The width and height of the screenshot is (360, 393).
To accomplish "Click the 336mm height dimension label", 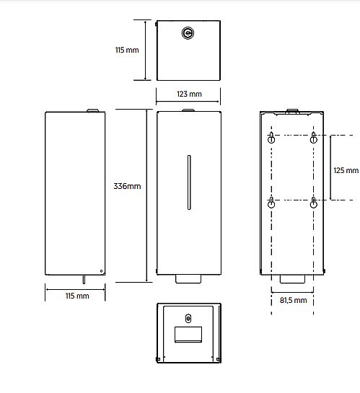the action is pyautogui.click(x=127, y=186).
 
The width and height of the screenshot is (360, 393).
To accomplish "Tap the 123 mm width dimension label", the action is pyautogui.click(x=189, y=94).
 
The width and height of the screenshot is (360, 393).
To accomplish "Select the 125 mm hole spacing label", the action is pyautogui.click(x=346, y=170).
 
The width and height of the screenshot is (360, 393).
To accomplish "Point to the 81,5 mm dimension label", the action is pyautogui.click(x=293, y=300).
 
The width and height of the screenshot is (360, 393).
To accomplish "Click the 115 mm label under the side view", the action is pyautogui.click(x=77, y=296).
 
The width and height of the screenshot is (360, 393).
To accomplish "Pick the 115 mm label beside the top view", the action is pyautogui.click(x=127, y=50).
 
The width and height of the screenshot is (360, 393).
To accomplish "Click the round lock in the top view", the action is pyautogui.click(x=188, y=33).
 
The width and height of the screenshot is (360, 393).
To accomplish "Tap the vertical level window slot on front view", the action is pyautogui.click(x=189, y=182).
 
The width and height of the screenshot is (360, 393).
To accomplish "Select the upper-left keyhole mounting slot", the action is pyautogui.click(x=271, y=137).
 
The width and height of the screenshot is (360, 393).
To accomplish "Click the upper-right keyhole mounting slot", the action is pyautogui.click(x=314, y=137).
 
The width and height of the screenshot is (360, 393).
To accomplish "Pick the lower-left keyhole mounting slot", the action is pyautogui.click(x=271, y=202).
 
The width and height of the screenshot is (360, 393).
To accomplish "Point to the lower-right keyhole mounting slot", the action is pyautogui.click(x=314, y=202).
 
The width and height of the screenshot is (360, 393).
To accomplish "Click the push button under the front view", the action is pyautogui.click(x=188, y=279).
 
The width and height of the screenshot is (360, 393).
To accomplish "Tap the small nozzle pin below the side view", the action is pyautogui.click(x=84, y=280).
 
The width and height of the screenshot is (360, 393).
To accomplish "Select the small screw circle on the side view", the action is pyautogui.click(x=101, y=271).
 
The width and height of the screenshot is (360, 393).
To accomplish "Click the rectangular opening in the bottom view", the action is pyautogui.click(x=188, y=335).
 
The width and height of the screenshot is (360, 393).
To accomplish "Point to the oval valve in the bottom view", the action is pyautogui.click(x=188, y=319).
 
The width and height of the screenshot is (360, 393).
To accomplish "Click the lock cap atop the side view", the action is pyautogui.click(x=93, y=110).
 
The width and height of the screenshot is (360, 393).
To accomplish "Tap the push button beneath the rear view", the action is pyautogui.click(x=292, y=279).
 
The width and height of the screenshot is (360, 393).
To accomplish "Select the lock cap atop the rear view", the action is pyautogui.click(x=292, y=111).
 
